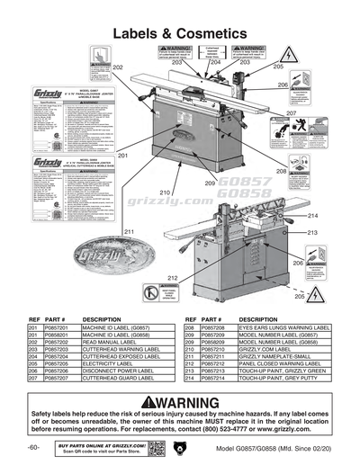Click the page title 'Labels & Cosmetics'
pyautogui.click(x=180, y=33)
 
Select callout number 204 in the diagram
pyautogui.click(x=214, y=63)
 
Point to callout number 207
pyautogui.click(x=292, y=113)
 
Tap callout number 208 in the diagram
pyautogui.click(x=281, y=171)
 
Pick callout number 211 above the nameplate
pyautogui.click(x=130, y=232)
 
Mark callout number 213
pyautogui.click(x=313, y=232)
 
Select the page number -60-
pyautogui.click(x=33, y=447)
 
